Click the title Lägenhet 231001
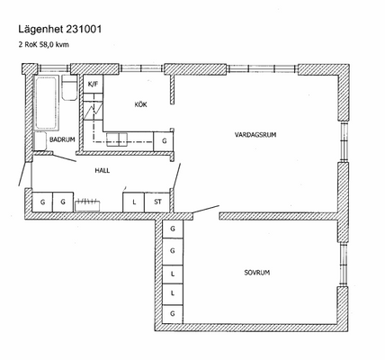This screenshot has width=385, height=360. coord(60,30)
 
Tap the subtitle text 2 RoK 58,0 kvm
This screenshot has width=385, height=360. coord(44,45)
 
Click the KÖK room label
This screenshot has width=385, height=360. coord(140,104)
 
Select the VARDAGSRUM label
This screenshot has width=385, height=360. coord(255,135)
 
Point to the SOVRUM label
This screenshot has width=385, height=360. coord(257,273)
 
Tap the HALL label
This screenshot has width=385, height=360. coord(103,171)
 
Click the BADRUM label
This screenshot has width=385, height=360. coord(62,139)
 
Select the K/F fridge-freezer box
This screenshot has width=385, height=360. coord(93,84)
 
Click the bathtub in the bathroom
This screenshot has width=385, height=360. coord(46,103)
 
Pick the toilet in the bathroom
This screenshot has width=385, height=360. coord(69,87)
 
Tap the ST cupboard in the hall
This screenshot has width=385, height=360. coord(157,202)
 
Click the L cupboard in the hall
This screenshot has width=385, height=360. coord(134,202)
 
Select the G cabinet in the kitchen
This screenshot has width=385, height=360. coord(164,141)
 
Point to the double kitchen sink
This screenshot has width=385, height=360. coord(119,139)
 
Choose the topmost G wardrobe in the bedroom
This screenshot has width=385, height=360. coord(173,229)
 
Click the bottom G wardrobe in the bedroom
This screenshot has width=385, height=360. coord(173,314)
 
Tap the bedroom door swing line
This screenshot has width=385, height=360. coord(206,209)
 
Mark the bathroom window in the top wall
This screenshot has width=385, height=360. coord(54,68)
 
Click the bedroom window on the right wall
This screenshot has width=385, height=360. coord(344,265)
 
